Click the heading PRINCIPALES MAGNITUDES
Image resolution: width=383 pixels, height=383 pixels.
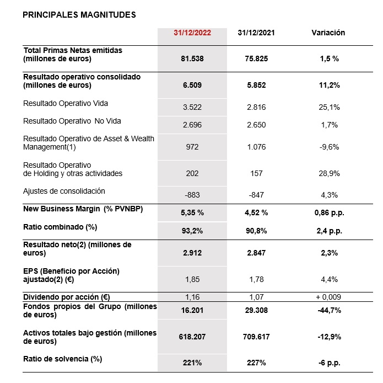click(79, 15)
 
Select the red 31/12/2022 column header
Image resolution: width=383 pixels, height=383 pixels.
click(192, 33)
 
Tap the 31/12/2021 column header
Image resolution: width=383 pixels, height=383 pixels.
click(257, 33)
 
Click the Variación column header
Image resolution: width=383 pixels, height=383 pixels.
click(328, 33)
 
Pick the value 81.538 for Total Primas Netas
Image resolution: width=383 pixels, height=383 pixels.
click(192, 58)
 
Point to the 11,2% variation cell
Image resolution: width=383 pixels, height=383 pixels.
click(328, 86)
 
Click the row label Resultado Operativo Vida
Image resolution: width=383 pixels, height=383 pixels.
click(66, 103)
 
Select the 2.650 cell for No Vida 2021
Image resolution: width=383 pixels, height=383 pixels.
click(257, 125)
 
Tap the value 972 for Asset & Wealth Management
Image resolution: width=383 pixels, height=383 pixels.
click(192, 147)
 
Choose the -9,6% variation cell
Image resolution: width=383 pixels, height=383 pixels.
click(328, 147)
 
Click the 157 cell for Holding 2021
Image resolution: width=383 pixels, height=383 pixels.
click(257, 173)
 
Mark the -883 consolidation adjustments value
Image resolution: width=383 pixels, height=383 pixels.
click(192, 195)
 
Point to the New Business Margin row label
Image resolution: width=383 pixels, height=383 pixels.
click(77, 209)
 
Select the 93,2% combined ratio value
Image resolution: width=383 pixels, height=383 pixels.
click(192, 231)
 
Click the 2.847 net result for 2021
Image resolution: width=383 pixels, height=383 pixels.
click(257, 252)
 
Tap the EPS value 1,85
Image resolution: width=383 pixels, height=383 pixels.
click(192, 280)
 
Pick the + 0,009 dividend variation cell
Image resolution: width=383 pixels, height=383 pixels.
click(328, 297)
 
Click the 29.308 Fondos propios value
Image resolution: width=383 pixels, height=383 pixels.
click(257, 310)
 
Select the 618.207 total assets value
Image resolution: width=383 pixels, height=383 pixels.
click(192, 336)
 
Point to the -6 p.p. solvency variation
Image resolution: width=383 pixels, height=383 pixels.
click(328, 363)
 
